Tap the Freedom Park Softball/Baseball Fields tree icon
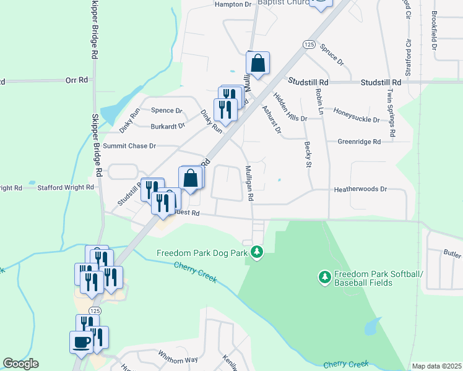coord(324,278)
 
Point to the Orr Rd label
coord(77,80)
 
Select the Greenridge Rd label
coord(359,142)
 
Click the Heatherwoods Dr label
coord(360,189)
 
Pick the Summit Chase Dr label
coord(129,146)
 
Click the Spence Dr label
coord(167,111)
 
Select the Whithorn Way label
coord(178,359)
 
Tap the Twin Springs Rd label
coord(391,113)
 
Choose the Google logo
coord(20,364)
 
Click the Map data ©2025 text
coord(436,366)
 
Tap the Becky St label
coord(308,154)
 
